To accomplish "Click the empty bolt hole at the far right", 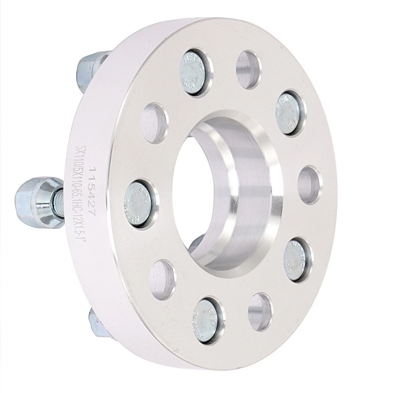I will [x=309, y=185].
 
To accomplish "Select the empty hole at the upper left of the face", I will [x=154, y=123].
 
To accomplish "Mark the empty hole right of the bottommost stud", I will [x=260, y=312].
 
